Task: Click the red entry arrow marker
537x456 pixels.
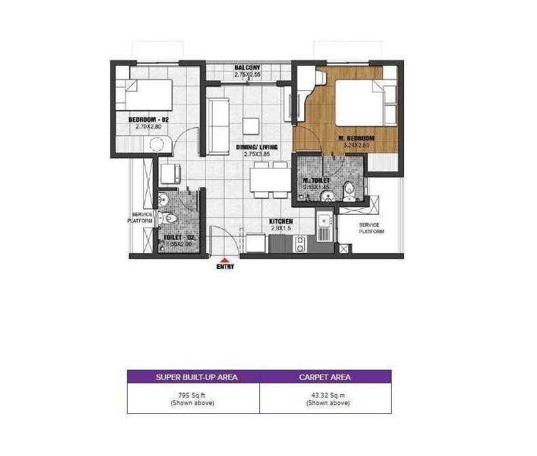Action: click(x=225, y=259)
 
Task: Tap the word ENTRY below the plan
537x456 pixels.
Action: click(x=225, y=266)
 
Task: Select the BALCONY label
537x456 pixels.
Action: click(x=247, y=68)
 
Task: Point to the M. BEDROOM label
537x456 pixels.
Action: click(x=356, y=139)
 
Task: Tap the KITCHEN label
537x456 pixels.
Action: click(x=280, y=222)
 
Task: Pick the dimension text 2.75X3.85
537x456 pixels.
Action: click(x=257, y=154)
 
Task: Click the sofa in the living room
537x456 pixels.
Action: click(x=218, y=126)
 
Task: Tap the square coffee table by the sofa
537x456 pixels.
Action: click(x=251, y=126)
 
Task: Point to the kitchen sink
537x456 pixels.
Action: click(x=325, y=222)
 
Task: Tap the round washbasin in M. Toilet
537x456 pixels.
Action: click(x=328, y=197)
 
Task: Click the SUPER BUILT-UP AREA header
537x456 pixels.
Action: click(x=193, y=377)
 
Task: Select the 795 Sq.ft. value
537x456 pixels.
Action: click(x=193, y=395)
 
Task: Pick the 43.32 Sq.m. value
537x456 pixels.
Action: click(x=325, y=395)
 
